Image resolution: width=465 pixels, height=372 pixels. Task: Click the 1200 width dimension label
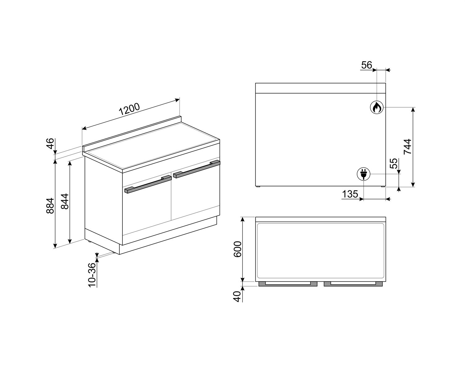[129, 109]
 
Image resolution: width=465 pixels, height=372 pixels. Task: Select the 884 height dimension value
[50, 206]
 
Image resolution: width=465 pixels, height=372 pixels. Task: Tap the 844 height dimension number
[65, 201]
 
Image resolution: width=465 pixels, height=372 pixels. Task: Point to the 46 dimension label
[50, 144]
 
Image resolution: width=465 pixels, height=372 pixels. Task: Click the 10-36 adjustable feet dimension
[92, 275]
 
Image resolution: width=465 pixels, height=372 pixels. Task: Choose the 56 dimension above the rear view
[367, 65]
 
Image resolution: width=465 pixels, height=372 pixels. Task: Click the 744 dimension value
[408, 147]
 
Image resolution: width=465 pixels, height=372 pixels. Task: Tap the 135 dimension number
[350, 194]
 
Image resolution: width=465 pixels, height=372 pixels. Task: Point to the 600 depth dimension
[238, 249]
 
